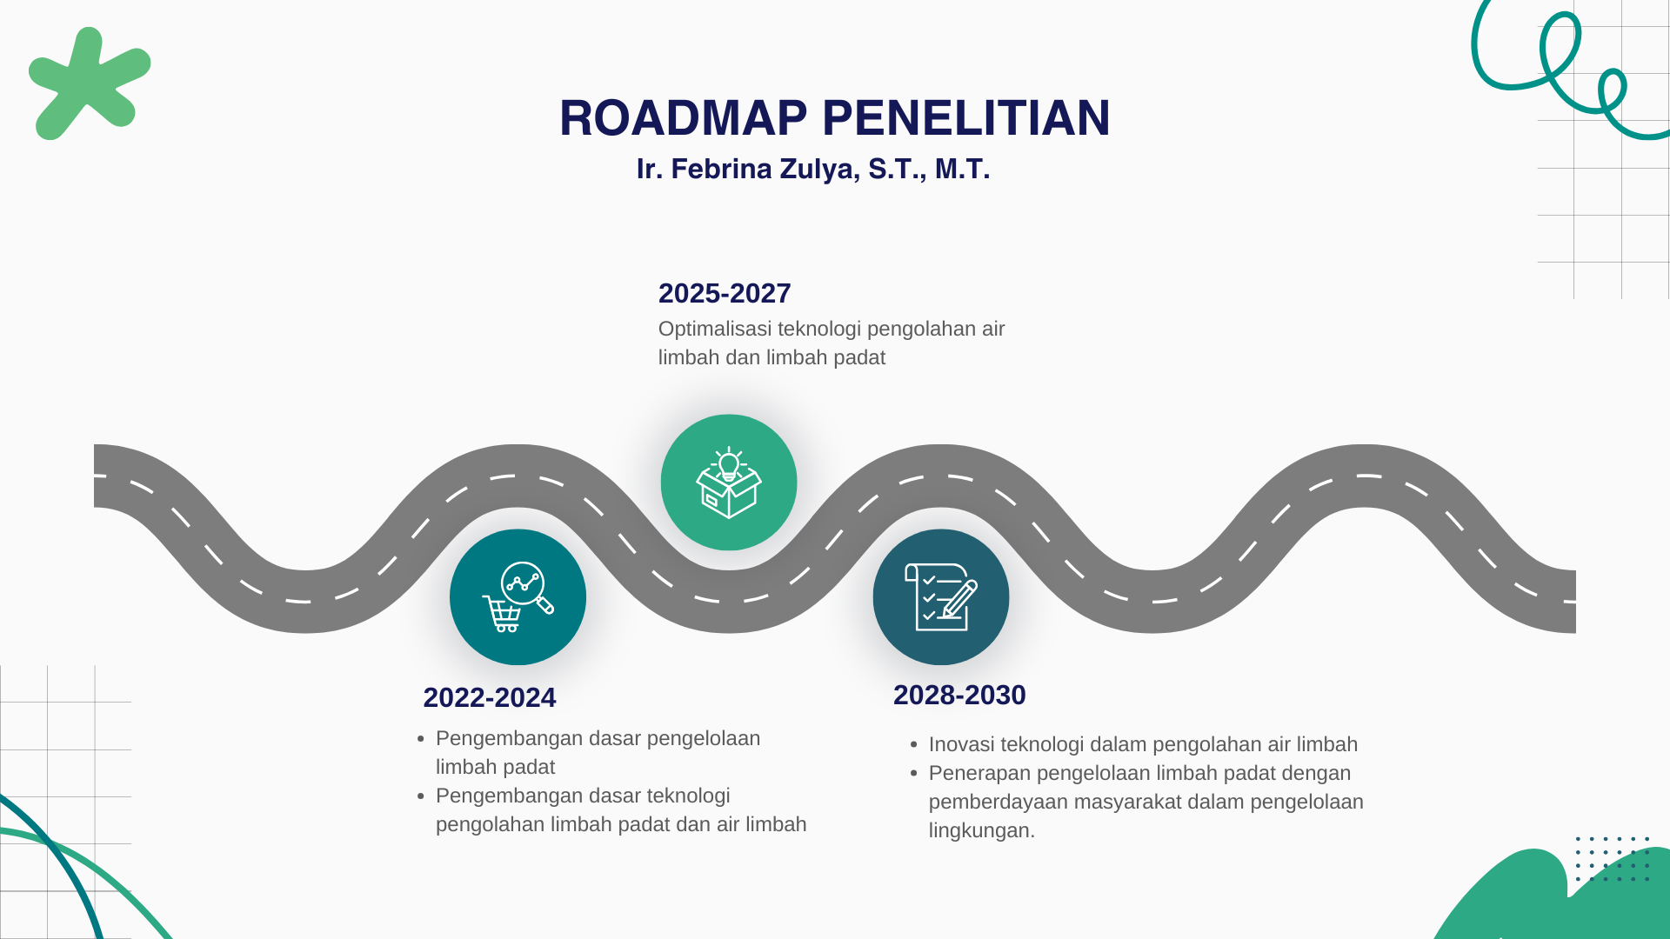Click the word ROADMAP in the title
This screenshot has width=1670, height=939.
tap(684, 118)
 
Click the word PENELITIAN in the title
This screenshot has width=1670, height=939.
tap(966, 118)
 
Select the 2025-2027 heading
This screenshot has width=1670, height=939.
tap(725, 293)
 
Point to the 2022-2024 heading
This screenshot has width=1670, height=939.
tap(490, 697)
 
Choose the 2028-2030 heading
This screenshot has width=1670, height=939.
tap(959, 695)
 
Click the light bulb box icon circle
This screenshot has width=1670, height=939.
tap(729, 483)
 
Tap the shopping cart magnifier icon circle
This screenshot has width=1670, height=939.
tap(518, 597)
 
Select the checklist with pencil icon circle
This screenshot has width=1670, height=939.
tap(941, 597)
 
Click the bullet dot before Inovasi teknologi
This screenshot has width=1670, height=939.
tap(914, 745)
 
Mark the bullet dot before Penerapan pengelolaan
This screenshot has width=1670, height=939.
tap(914, 774)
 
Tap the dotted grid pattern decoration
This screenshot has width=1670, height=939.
tap(1612, 859)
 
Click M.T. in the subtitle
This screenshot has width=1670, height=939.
tap(963, 169)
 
